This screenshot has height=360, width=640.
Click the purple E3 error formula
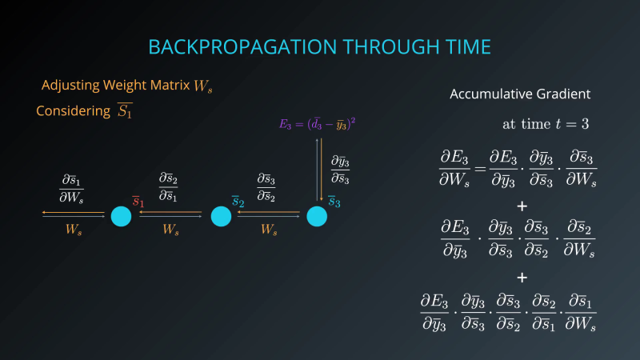tap(317, 124)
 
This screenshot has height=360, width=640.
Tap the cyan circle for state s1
tap(121, 216)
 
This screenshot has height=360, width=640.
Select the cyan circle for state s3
tap(317, 216)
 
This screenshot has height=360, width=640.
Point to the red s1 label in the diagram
tap(138, 202)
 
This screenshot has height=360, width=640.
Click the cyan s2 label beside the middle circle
tap(238, 202)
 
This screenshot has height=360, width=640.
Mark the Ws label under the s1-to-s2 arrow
tap(170, 230)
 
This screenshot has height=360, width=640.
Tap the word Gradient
tap(565, 94)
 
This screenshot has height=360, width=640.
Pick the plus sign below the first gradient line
tap(522, 206)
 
